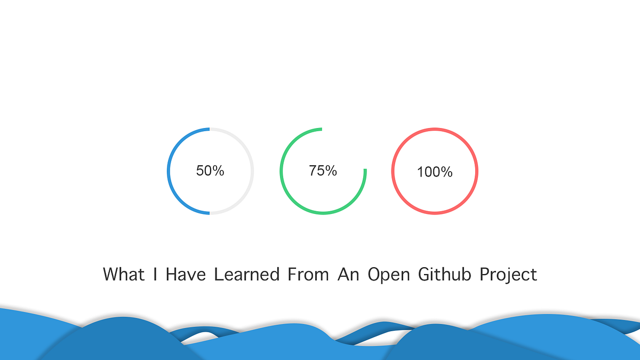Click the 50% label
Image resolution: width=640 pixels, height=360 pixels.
(210, 171)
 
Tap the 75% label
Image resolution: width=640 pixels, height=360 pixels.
(323, 171)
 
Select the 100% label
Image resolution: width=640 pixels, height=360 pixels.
(435, 172)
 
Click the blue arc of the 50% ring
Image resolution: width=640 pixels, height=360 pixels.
(169, 171)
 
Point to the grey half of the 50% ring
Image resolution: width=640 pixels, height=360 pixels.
(252, 171)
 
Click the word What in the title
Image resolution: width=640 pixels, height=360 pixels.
(123, 274)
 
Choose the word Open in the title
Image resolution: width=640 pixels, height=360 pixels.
(389, 275)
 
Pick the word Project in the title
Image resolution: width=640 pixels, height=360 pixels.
(508, 275)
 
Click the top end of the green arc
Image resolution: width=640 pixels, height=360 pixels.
(321, 129)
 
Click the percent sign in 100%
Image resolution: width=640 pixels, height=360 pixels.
(447, 172)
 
